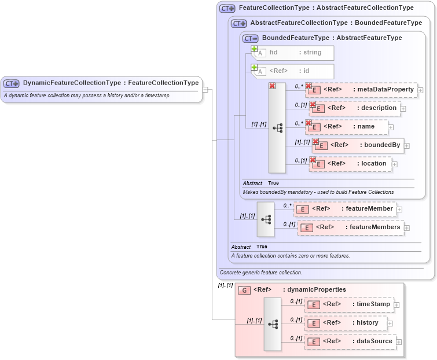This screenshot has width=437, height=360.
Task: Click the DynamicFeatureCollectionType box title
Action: (x=110, y=83)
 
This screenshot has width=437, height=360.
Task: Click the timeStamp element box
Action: (x=351, y=304)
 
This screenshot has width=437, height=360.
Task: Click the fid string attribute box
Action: (x=295, y=53)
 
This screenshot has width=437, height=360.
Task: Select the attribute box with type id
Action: (x=295, y=71)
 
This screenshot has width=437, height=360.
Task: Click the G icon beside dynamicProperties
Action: (x=245, y=290)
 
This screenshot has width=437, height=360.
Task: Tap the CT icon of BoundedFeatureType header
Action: (x=251, y=38)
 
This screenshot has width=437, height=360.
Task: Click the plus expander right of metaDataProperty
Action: (x=420, y=90)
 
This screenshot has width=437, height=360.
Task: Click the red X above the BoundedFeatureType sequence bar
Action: (x=272, y=86)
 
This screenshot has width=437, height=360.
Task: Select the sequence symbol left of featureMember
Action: (x=266, y=219)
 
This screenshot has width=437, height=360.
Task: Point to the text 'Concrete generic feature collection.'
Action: (x=261, y=273)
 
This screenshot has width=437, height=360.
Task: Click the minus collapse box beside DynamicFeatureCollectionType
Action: (x=205, y=90)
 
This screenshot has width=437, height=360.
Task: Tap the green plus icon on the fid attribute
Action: (x=254, y=49)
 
